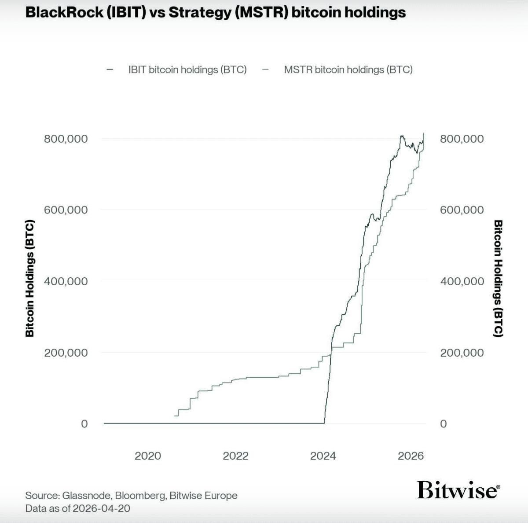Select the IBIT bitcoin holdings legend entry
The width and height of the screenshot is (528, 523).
[187, 70]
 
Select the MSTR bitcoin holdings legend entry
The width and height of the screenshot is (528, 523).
[348, 70]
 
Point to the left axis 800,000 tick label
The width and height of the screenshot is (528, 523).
[66, 139]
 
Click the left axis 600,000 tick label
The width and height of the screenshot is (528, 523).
[66, 210]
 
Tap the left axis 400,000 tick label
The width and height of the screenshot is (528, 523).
[66, 281]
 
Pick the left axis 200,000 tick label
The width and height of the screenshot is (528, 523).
[66, 353]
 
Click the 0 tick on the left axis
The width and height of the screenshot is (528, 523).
[84, 424]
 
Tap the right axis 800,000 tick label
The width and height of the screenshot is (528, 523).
[462, 139]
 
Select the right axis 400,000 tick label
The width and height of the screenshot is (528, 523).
[462, 281]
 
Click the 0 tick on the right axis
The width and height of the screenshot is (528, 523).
[443, 424]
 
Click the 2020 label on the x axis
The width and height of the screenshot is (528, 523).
[147, 456]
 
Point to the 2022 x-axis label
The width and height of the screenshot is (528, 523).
[235, 456]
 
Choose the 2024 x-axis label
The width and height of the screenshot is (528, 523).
[323, 456]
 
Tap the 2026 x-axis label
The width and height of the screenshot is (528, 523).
[411, 456]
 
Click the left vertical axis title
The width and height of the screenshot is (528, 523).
[29, 278]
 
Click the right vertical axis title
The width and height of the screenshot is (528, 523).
[498, 278]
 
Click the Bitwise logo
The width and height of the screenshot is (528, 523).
[458, 490]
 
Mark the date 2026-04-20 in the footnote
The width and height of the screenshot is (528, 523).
[101, 508]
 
